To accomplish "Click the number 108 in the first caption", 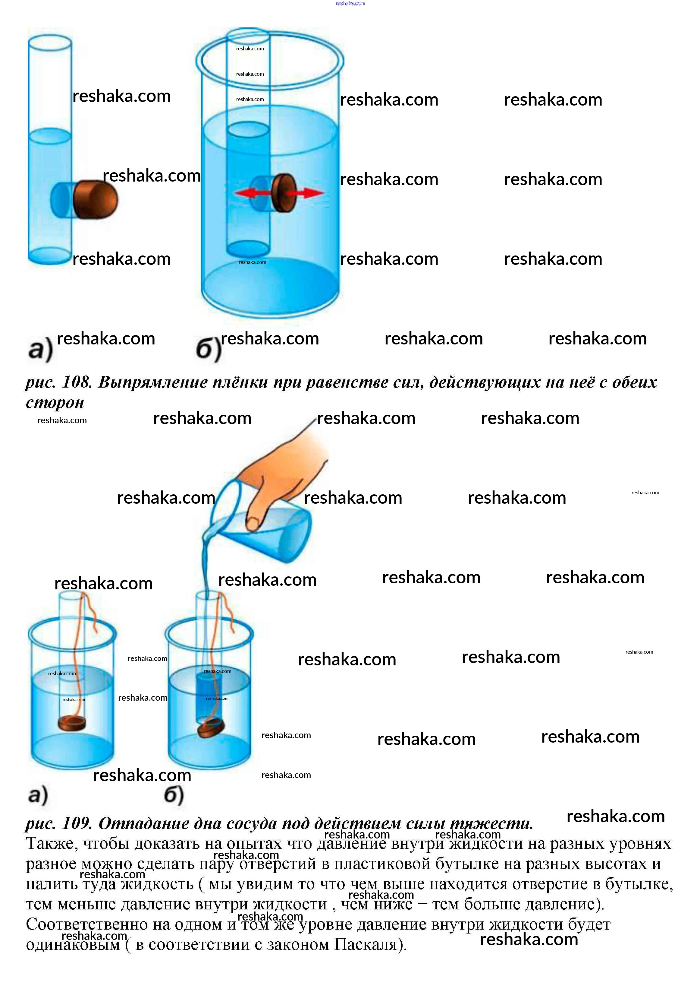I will point(77,382).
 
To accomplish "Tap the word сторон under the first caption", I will point(55,403).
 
